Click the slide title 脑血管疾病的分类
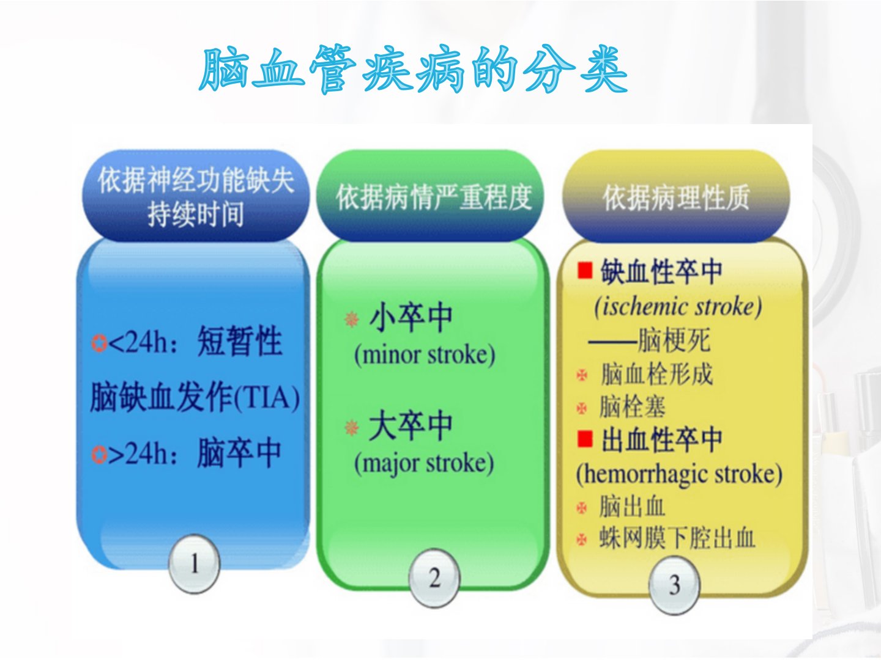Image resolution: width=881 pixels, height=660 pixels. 414,69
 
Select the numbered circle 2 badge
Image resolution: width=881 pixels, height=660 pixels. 434,578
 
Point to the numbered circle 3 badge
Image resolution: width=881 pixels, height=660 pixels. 674,585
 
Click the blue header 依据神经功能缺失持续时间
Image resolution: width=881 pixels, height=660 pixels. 196,196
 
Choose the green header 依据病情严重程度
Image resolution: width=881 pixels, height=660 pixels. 434,196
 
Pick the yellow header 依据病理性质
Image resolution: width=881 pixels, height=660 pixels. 676,196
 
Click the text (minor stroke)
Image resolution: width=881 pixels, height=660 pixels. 425,356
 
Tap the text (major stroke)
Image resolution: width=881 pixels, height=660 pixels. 424,464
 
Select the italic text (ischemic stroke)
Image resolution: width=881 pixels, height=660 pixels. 678,307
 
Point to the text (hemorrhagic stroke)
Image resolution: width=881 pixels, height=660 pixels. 679,474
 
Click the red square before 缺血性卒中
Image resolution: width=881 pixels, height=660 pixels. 585,271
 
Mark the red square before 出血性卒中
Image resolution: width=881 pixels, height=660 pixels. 585,438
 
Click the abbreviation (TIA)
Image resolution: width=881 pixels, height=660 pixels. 266,398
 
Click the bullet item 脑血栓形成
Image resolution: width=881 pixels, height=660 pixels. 656,374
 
